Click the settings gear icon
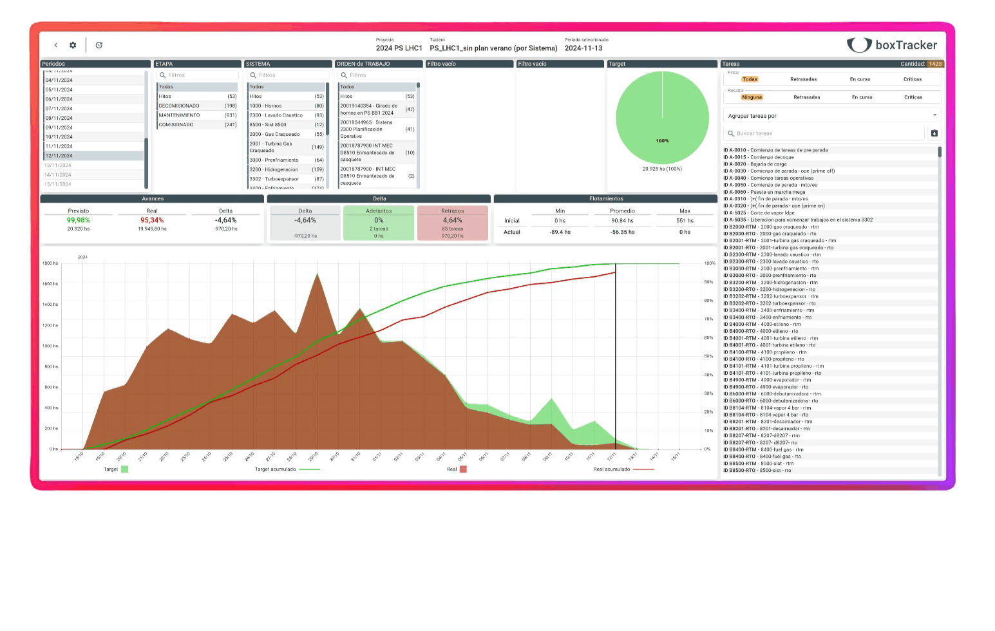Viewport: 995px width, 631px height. [x=73, y=45]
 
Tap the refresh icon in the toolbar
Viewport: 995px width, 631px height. [x=99, y=45]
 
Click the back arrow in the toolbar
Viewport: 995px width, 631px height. [x=56, y=45]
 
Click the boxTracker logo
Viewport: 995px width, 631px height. [x=892, y=44]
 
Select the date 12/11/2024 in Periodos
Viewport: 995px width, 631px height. [x=93, y=156]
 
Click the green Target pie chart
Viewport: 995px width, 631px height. [x=662, y=118]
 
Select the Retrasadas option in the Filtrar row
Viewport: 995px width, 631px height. [x=803, y=79]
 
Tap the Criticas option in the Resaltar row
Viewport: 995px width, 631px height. [x=913, y=97]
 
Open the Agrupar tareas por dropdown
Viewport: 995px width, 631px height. [x=831, y=116]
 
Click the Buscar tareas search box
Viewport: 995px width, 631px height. [x=824, y=133]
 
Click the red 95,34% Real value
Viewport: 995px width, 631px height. [x=152, y=220]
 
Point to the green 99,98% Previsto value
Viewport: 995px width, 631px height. [x=79, y=220]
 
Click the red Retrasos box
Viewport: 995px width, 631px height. [x=452, y=223]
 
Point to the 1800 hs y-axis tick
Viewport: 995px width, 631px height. [x=50, y=263]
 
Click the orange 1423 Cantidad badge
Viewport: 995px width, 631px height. [x=935, y=64]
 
